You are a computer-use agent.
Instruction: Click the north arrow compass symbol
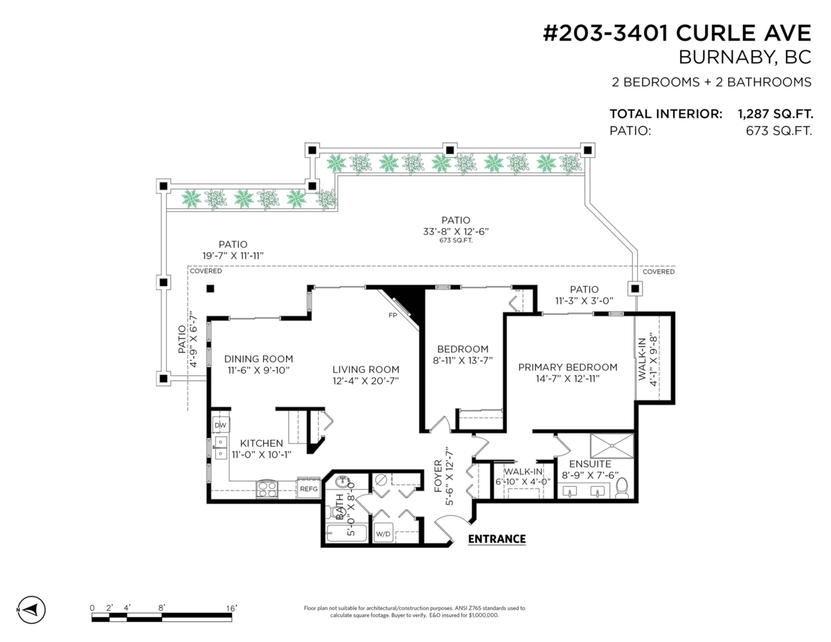point(31,609)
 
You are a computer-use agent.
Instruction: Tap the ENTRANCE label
point(497,539)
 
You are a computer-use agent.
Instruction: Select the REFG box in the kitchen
point(308,488)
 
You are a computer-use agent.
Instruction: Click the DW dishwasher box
point(221,425)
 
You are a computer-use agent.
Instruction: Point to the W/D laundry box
point(383,535)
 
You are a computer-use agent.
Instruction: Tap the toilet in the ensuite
point(621,488)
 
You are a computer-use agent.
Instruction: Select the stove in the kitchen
point(267,488)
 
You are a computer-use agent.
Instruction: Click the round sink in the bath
point(342,482)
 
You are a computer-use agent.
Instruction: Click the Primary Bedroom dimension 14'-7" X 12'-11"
point(567,379)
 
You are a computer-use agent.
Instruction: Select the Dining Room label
point(258,359)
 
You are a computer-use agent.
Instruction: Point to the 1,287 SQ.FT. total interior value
point(775,114)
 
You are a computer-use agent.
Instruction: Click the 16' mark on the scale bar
point(231,608)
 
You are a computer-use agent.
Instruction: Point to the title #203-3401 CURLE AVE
point(677,33)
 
